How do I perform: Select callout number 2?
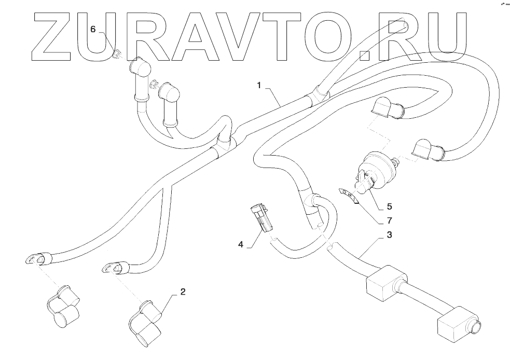pos(182,292)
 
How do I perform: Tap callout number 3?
pos(389,235)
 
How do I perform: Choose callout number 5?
pos(389,206)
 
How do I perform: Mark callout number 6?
pos(93,29)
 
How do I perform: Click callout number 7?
pos(389,220)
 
